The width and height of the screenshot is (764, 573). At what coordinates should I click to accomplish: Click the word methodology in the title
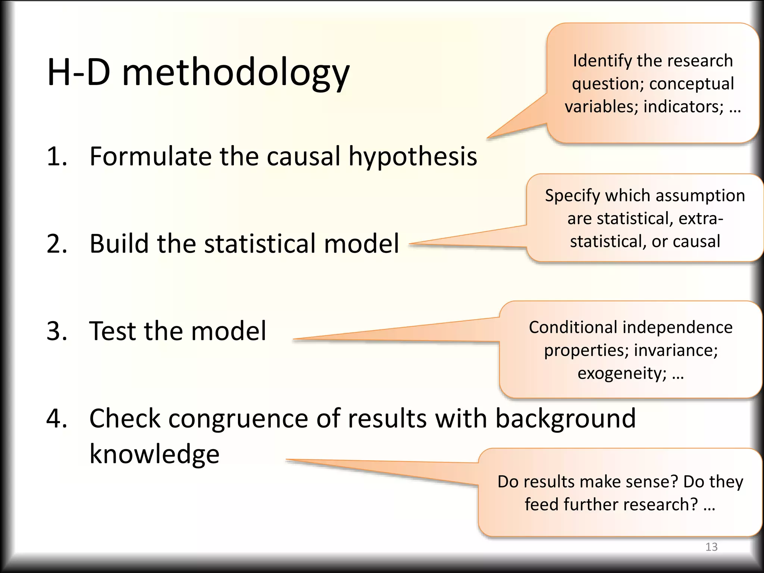[x=236, y=73]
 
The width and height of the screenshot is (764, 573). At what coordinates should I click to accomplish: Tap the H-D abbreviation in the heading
[x=79, y=72]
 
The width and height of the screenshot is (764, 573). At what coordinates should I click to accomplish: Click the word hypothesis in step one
[x=413, y=157]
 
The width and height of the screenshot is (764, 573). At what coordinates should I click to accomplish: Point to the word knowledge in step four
[x=154, y=455]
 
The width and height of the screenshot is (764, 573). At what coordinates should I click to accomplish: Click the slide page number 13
[x=711, y=547]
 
